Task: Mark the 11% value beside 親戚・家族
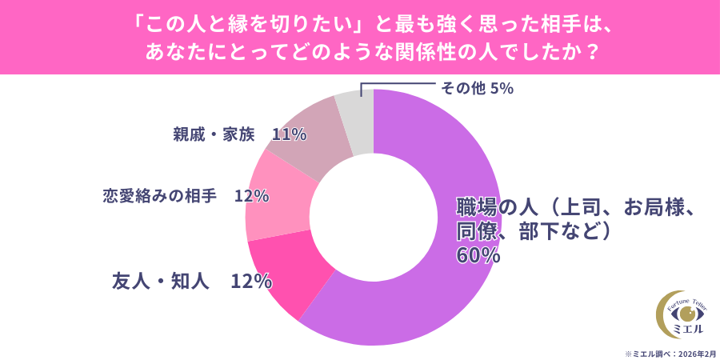click(289, 134)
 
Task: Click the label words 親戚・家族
click(213, 134)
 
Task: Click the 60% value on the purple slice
click(478, 256)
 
